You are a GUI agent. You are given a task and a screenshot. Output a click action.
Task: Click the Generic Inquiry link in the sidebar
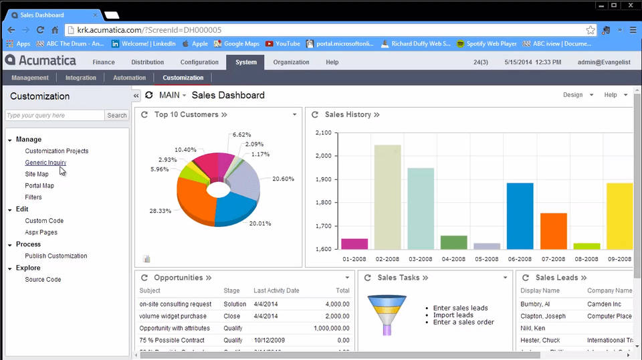[45, 163]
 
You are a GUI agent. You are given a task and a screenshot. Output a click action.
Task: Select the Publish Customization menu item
[56, 256]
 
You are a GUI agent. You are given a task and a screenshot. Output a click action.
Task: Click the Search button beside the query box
[117, 115]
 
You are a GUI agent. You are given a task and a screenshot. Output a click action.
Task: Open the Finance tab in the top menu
[104, 62]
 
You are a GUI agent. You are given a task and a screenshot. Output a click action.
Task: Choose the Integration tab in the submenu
[81, 78]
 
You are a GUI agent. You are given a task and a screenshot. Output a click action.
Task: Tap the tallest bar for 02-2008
[387, 197]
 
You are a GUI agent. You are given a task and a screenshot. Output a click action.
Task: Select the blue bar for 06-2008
[520, 215]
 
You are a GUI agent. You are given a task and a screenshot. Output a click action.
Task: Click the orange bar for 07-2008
[553, 231]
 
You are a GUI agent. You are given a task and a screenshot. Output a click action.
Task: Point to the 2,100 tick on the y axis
[322, 132]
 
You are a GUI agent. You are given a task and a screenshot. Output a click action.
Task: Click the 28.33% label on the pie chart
[160, 211]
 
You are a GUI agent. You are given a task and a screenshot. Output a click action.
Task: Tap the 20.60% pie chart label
[283, 179]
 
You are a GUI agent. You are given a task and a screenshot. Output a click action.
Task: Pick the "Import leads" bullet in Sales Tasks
[453, 315]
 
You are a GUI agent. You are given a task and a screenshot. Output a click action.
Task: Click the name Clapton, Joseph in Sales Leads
[543, 316]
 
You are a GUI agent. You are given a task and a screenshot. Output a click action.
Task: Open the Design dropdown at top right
[578, 95]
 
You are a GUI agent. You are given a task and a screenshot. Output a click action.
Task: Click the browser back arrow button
[11, 30]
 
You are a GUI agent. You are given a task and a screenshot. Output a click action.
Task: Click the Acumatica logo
[40, 61]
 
